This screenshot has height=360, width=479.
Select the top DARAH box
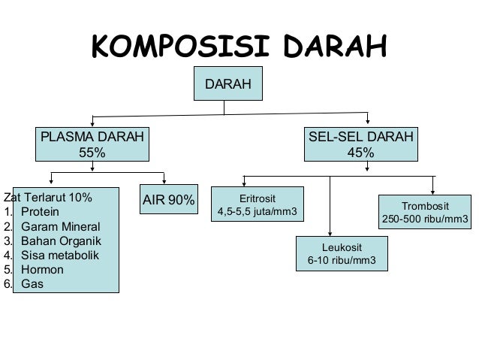(x=228, y=85)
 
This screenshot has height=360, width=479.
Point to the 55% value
(x=92, y=153)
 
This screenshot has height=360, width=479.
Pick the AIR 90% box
(x=169, y=201)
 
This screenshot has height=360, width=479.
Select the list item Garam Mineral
(x=59, y=227)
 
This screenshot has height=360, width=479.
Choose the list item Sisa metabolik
(x=60, y=256)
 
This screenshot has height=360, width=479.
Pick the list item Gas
(x=32, y=284)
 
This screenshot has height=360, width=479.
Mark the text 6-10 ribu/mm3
(x=342, y=262)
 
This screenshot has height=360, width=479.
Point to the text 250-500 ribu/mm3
(x=425, y=220)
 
